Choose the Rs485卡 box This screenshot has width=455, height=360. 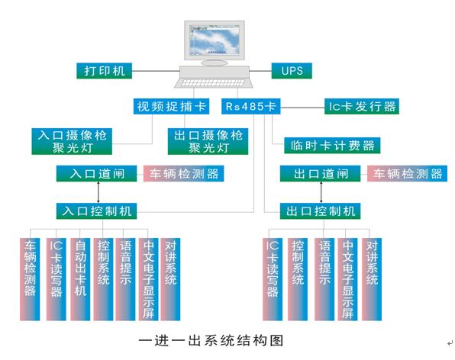[251, 106]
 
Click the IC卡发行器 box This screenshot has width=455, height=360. [361, 106]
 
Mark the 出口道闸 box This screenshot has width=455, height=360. [321, 174]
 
